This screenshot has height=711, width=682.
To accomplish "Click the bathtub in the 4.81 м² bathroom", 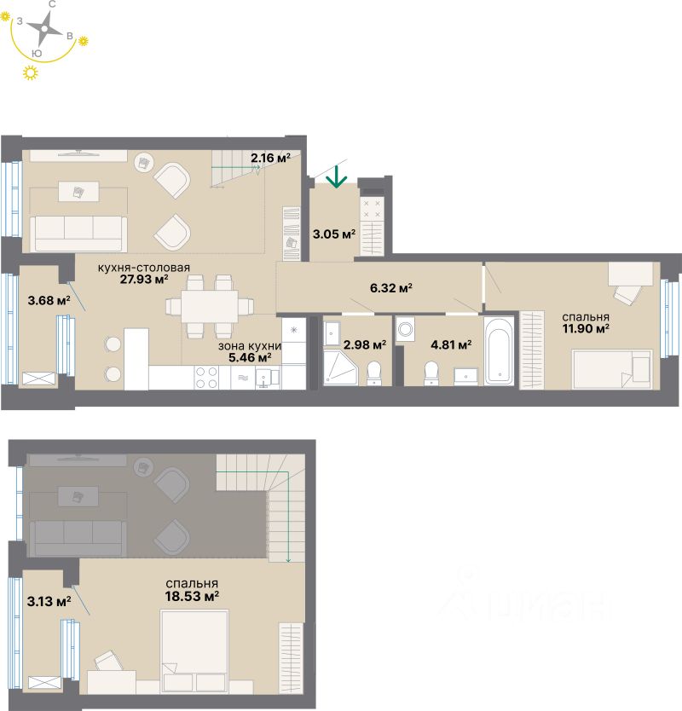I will (x=500, y=350).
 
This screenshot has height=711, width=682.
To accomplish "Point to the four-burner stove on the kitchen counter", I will (x=207, y=377).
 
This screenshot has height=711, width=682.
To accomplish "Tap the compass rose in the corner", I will (x=41, y=33).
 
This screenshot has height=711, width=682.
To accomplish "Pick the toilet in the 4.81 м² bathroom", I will (x=431, y=372).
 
